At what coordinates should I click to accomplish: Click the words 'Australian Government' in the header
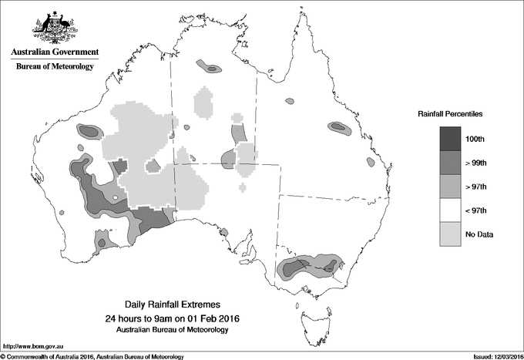(54, 52)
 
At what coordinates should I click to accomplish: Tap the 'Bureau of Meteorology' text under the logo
(54, 67)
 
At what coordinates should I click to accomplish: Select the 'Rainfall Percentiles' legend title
(450, 114)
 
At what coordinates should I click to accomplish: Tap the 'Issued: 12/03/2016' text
(493, 356)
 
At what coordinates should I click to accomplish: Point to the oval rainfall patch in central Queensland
(338, 127)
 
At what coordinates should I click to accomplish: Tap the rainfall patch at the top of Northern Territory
(209, 67)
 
